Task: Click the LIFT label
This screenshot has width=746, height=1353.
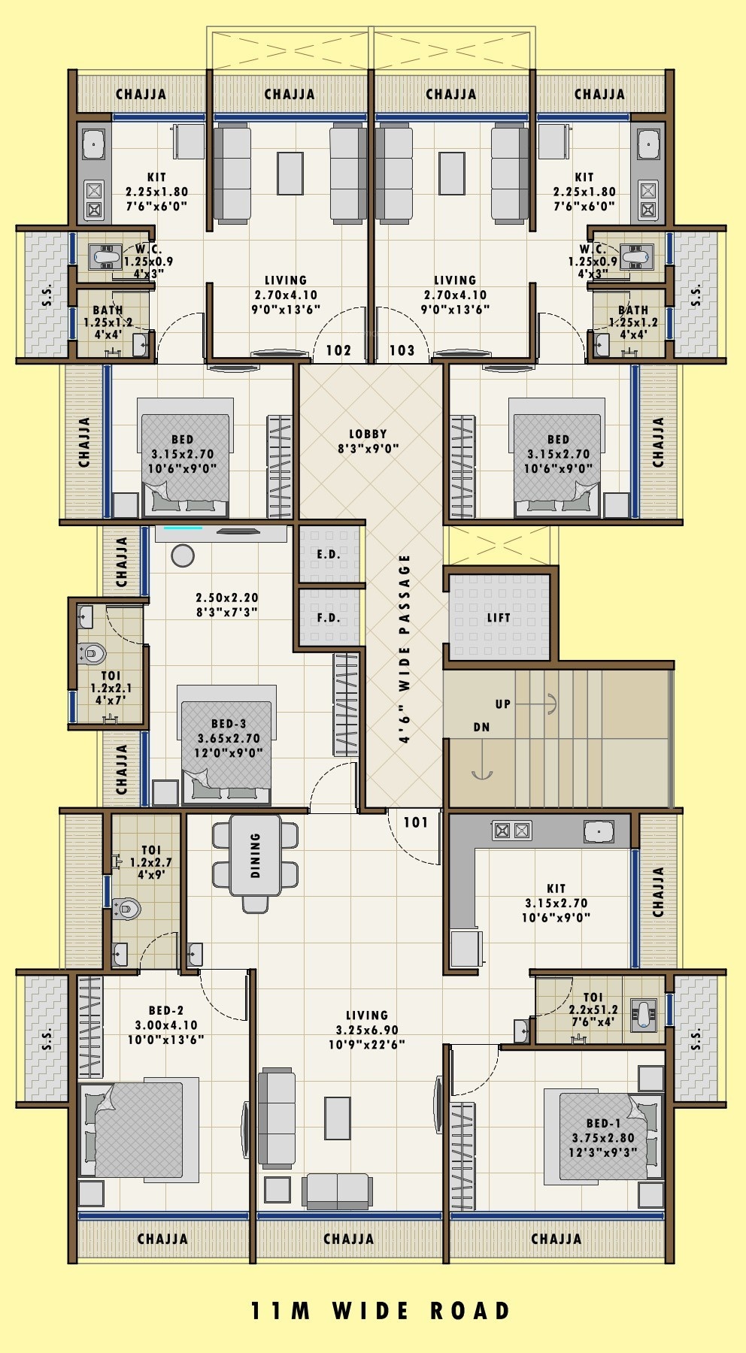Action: tap(499, 618)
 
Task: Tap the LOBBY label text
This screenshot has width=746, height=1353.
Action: tap(368, 434)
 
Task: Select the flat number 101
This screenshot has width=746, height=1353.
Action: tap(416, 822)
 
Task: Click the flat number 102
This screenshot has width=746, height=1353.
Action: tap(338, 350)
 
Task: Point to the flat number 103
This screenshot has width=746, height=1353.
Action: tap(402, 350)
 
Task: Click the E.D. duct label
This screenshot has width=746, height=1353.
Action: tap(328, 554)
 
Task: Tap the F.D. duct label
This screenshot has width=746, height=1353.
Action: tap(328, 618)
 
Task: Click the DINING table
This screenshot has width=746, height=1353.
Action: tap(255, 855)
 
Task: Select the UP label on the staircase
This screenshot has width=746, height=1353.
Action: tap(502, 704)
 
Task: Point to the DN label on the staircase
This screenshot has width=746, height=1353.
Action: tap(481, 727)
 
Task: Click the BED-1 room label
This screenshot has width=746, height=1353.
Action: tap(603, 1124)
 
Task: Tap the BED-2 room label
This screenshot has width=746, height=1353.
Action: tap(165, 1011)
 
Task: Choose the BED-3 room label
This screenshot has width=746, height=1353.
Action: tap(229, 724)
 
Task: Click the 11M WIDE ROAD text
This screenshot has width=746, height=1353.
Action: tap(380, 1311)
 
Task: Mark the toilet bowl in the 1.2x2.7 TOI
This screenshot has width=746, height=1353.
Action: tap(126, 909)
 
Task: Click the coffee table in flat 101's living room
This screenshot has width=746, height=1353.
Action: tap(338, 1118)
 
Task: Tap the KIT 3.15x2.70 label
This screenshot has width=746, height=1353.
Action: tap(556, 903)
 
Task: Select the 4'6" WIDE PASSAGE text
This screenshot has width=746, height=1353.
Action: tap(405, 649)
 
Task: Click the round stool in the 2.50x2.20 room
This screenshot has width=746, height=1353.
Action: tap(183, 555)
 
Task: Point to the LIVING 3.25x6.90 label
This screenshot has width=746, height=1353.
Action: tap(367, 1030)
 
